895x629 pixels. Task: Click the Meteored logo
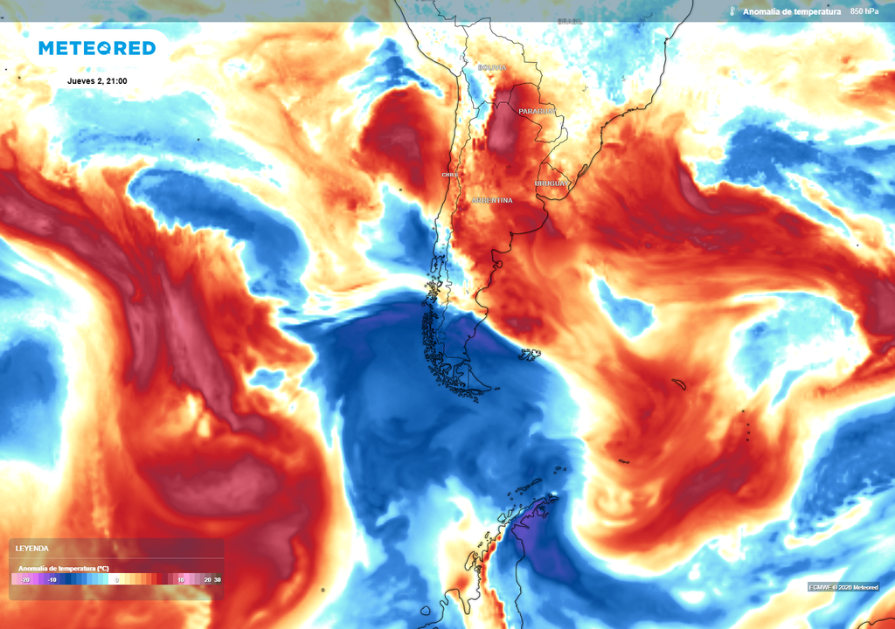point(96,48)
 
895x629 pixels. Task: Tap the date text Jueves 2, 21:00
point(97,81)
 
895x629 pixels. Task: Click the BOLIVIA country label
point(491,67)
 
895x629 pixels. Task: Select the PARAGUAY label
point(537,112)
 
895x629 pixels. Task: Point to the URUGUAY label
point(552,183)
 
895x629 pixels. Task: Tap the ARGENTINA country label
point(491,201)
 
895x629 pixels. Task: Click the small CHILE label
point(450,175)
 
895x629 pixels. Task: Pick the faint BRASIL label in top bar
point(570,21)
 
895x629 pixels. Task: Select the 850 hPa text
point(864,11)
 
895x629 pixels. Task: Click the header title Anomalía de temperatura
point(792,11)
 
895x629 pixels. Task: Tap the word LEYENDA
point(33,549)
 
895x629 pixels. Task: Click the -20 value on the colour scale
point(26,579)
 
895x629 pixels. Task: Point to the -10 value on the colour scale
point(53,579)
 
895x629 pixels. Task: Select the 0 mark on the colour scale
point(116,579)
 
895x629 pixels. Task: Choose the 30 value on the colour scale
point(217,579)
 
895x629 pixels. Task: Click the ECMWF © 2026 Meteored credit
point(843,587)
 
